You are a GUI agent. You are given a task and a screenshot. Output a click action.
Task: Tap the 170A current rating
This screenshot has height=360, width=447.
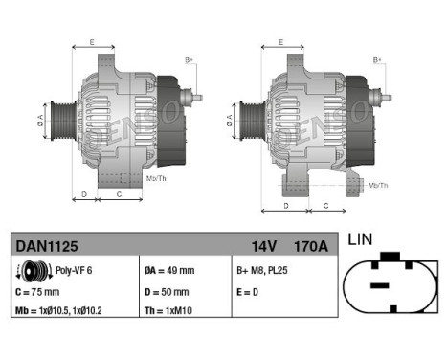311,246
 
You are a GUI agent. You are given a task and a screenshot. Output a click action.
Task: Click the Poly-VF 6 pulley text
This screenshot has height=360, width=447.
73,271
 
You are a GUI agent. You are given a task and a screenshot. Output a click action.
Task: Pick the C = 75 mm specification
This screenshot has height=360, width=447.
38,292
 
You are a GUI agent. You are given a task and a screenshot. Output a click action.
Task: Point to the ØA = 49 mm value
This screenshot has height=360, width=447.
168,271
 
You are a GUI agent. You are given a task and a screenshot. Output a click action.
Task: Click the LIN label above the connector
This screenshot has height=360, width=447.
362,239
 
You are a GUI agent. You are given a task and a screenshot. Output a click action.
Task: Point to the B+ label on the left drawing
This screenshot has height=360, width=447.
189,59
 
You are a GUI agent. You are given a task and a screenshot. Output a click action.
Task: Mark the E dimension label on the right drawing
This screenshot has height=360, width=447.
279,42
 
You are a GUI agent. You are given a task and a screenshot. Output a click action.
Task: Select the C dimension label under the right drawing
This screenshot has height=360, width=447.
326,205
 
